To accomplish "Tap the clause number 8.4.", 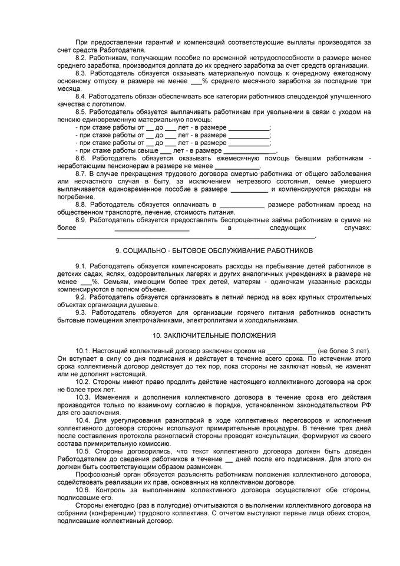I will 81,96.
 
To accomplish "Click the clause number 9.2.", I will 81,298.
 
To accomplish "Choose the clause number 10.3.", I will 83,397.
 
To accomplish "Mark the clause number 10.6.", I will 83,490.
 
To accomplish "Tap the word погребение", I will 75,196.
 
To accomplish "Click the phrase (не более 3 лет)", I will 344,351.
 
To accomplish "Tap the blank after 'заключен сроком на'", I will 292,351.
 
